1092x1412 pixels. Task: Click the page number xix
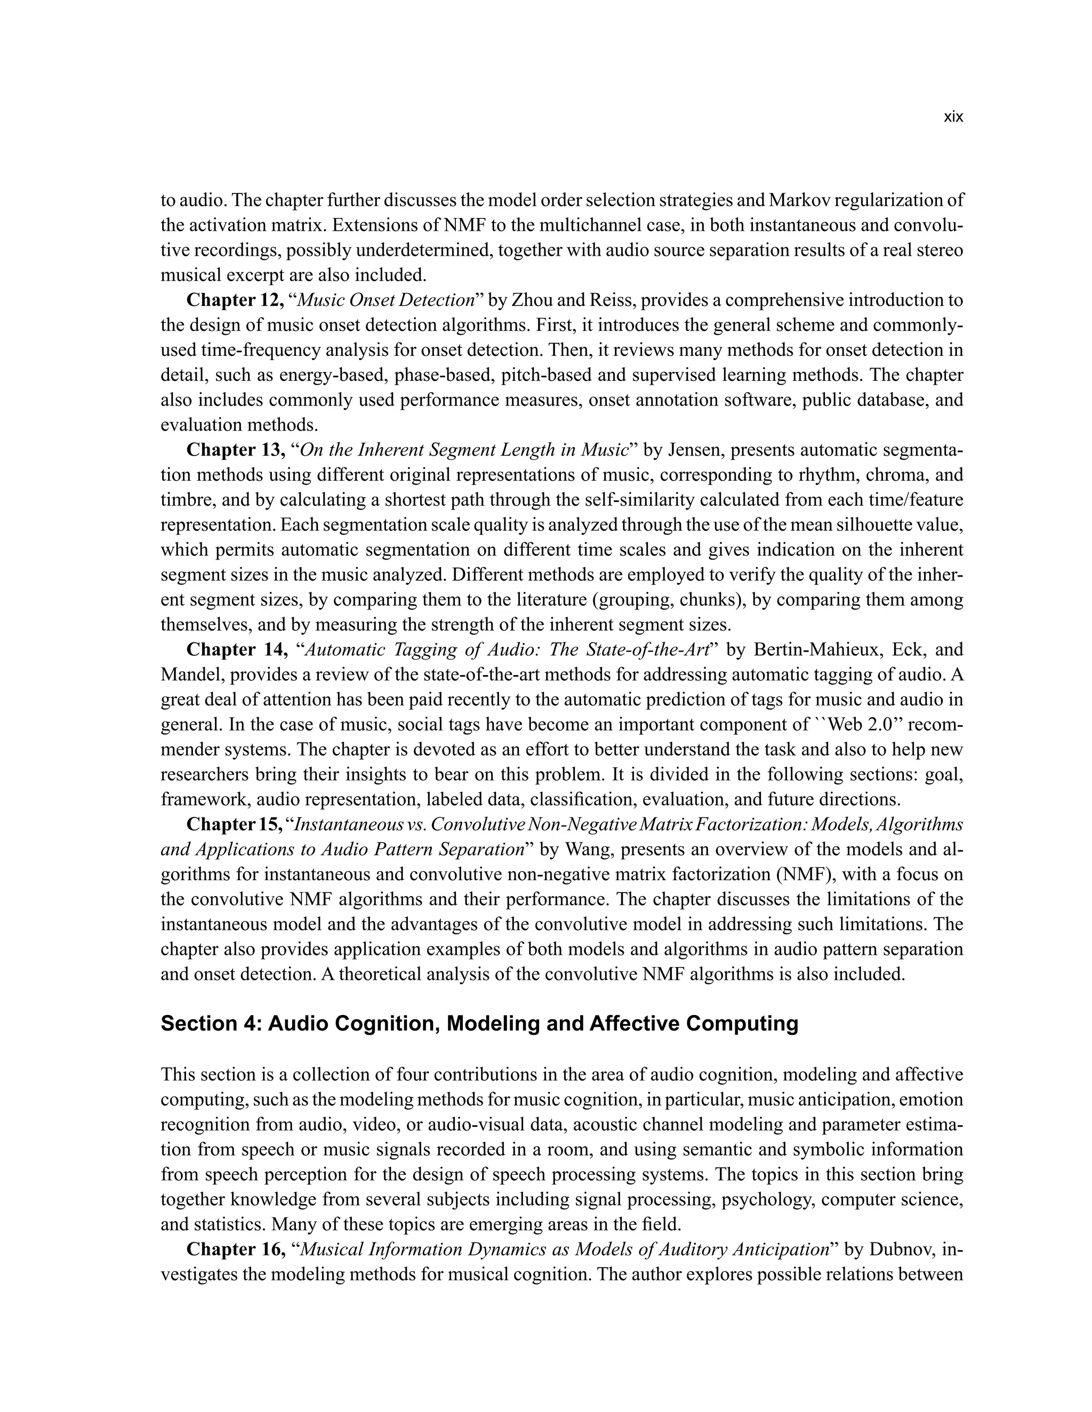click(953, 117)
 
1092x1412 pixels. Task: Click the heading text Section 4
click(207, 1024)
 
